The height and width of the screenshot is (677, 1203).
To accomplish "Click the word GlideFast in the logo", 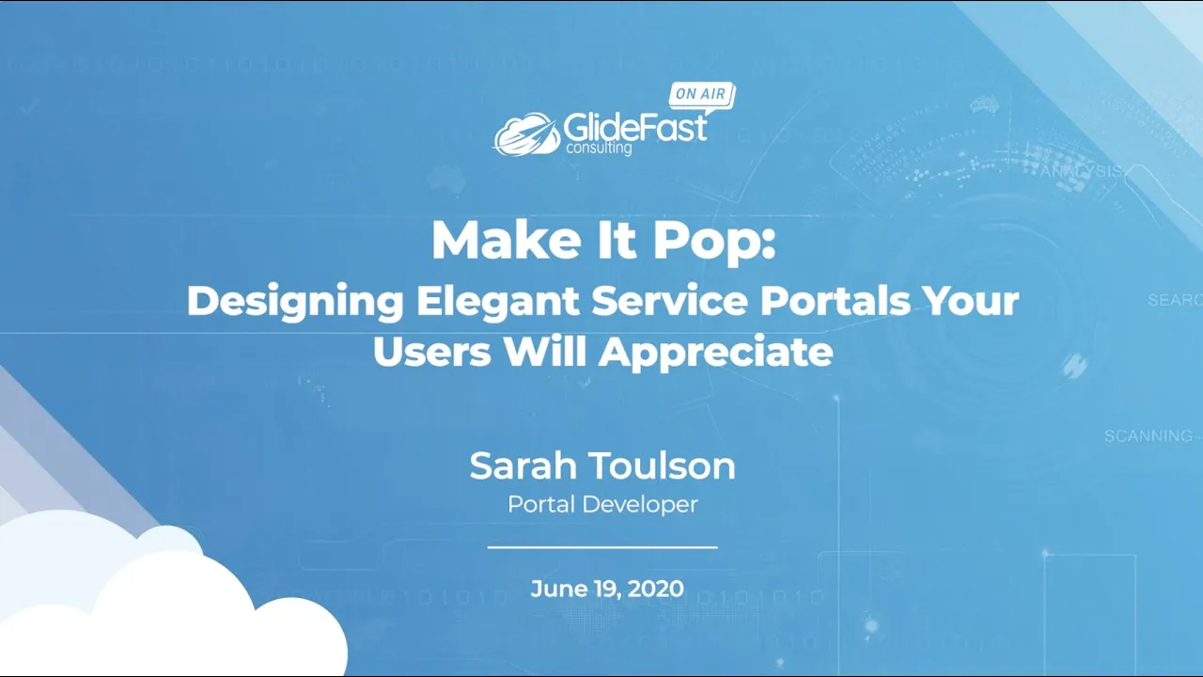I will pos(634,126).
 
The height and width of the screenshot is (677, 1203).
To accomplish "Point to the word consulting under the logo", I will pos(599,148).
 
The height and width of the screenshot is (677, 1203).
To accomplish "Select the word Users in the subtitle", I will pos(432,352).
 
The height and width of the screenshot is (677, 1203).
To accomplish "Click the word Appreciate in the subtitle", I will pos(716,353).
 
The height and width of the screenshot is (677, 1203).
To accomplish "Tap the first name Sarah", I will pos(523,465).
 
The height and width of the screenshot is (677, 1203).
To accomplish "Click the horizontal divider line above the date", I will pos(602,546).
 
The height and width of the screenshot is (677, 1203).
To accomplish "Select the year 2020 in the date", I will pos(655,590).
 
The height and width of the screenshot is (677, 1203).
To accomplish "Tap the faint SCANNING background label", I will pos(1148,436).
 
